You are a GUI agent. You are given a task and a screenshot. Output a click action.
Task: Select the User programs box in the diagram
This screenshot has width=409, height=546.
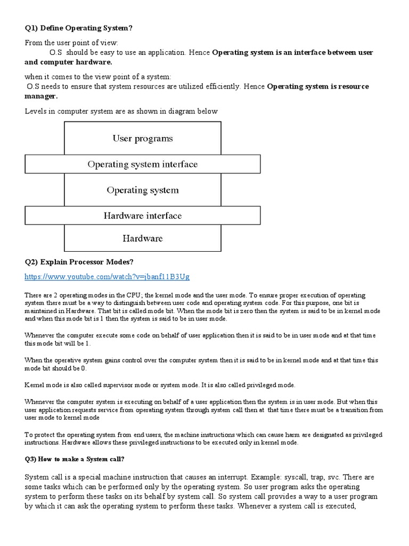(x=143, y=139)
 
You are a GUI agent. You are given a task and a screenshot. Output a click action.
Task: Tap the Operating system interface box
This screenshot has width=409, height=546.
(x=143, y=164)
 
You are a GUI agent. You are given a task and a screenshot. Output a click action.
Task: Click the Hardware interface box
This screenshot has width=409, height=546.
(x=143, y=216)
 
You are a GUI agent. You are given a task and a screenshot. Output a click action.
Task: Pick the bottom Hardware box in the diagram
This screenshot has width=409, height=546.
(x=143, y=238)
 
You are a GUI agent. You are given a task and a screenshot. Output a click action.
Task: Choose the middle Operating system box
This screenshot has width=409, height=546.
(x=143, y=190)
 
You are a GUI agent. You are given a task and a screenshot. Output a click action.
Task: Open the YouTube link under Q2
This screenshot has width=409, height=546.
(x=107, y=277)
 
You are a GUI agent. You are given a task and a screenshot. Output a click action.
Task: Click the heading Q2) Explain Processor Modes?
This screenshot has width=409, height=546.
(x=79, y=262)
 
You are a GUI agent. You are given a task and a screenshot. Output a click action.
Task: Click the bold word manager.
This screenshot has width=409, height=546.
(x=41, y=97)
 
